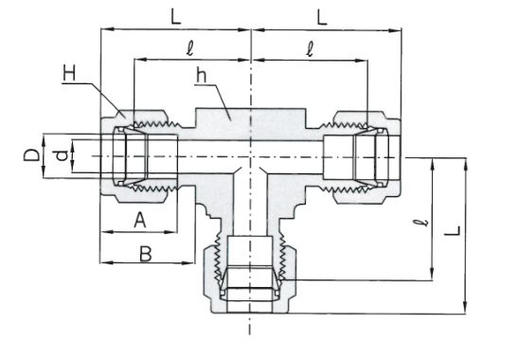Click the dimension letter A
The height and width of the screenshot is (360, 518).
pyautogui.click(x=140, y=220)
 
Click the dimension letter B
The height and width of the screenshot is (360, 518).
pyautogui.click(x=145, y=254)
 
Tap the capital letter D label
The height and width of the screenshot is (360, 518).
pyautogui.click(x=31, y=155)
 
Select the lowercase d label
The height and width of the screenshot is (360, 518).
pyautogui.click(x=62, y=155)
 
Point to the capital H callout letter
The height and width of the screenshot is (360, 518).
pyautogui.click(x=69, y=73)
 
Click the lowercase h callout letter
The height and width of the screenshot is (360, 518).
pyautogui.click(x=201, y=76)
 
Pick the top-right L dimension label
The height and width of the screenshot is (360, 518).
pyautogui.click(x=322, y=17)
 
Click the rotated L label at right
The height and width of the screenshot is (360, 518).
pyautogui.click(x=453, y=231)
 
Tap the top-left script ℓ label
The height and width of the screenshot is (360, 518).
pyautogui.click(x=189, y=48)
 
